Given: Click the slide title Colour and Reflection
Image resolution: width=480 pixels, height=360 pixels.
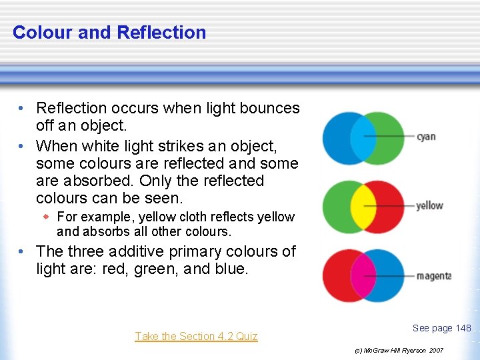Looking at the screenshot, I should point(109,32).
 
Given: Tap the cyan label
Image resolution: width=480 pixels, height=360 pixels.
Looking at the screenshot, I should point(426,137).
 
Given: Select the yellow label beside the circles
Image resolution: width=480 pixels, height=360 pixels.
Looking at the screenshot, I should point(429,206).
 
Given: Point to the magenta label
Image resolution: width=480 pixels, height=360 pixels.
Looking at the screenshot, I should point(433,275).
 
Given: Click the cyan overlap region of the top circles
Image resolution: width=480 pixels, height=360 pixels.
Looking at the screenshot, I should point(363,138).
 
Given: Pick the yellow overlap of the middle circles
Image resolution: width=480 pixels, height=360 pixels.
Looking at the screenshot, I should point(363,207).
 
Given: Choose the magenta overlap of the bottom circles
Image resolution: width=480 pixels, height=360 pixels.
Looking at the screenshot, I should point(363,276).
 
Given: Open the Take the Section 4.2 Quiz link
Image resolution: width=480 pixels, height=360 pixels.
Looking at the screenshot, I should point(196,336).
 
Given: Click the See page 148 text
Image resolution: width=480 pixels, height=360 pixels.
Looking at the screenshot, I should point(441,327).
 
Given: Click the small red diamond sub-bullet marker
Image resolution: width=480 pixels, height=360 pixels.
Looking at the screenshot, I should point(46,217).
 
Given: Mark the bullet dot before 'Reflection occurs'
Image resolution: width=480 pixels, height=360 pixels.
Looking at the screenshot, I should point(22,108).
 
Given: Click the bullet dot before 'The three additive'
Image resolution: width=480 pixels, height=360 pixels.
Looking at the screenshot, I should point(22,251).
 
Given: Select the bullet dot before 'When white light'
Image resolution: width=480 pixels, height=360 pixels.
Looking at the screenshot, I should point(22,145).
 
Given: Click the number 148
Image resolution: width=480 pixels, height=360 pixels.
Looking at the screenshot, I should point(463,327).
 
